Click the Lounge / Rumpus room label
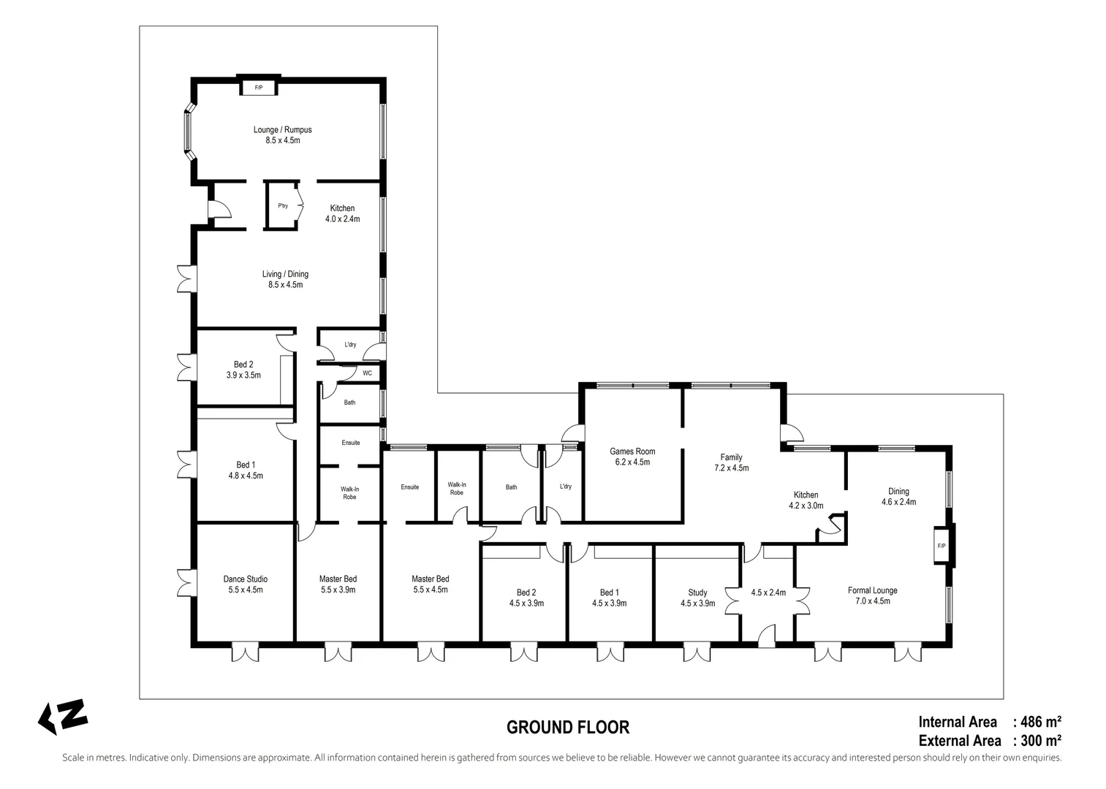[x=282, y=130]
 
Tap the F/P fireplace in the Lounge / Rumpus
[x=258, y=88]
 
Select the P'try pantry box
[x=283, y=206]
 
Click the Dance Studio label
[x=245, y=579]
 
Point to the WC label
[x=367, y=373]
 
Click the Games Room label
[x=632, y=451]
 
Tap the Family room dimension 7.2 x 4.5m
[x=730, y=468]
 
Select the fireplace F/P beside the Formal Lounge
[x=942, y=546]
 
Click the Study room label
[x=697, y=592]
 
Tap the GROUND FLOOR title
[x=568, y=728]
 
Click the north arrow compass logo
[x=63, y=717]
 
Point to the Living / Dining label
[x=285, y=274]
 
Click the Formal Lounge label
[x=872, y=590]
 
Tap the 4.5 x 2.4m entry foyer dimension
[x=768, y=592]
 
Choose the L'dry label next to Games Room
[x=565, y=487]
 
